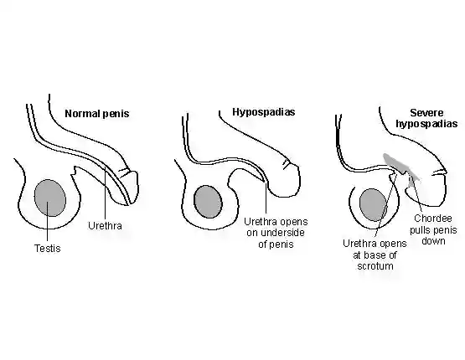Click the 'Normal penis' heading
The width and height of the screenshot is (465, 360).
coord(97,114)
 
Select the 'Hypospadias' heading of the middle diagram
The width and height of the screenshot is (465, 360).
coord(264,112)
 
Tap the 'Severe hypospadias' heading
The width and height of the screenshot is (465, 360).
coord(426,118)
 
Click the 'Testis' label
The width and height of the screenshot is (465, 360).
coord(48,249)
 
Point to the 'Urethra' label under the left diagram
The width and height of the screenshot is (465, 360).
coord(105,226)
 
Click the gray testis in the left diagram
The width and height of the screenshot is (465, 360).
coord(49,198)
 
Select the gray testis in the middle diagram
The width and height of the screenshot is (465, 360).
coord(208,202)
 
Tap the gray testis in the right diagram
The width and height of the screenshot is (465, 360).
coord(373,205)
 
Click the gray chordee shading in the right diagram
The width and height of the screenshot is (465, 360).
coord(401,167)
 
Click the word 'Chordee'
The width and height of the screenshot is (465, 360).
coord(433,219)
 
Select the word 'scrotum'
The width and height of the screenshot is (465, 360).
coord(375,266)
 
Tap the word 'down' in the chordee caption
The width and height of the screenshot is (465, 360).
coord(433,241)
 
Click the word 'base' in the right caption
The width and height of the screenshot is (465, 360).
coord(375,255)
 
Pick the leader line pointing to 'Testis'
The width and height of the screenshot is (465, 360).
coord(48,223)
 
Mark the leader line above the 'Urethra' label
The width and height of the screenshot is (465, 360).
coord(105,193)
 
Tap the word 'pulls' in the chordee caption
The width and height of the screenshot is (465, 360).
coord(421,230)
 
